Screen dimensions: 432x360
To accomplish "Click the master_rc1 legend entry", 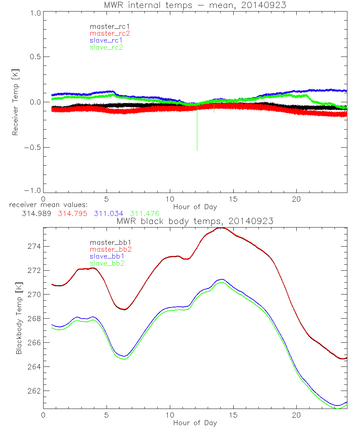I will click(106, 26).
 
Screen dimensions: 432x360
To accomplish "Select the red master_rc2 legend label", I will click(106, 33).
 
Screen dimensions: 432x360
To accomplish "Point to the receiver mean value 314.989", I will click(36, 213).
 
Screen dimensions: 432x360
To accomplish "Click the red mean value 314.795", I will click(72, 213).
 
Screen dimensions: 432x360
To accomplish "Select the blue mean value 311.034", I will click(109, 213).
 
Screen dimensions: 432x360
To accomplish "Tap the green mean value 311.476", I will click(144, 213).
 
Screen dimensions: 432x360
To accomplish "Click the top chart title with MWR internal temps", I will click(195, 5).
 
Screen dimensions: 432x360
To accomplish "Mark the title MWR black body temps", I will click(195, 221).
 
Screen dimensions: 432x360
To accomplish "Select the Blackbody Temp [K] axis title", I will click(18, 322).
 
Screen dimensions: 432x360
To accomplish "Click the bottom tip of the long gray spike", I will click(197, 150).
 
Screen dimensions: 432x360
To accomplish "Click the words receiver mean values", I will click(46, 205).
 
